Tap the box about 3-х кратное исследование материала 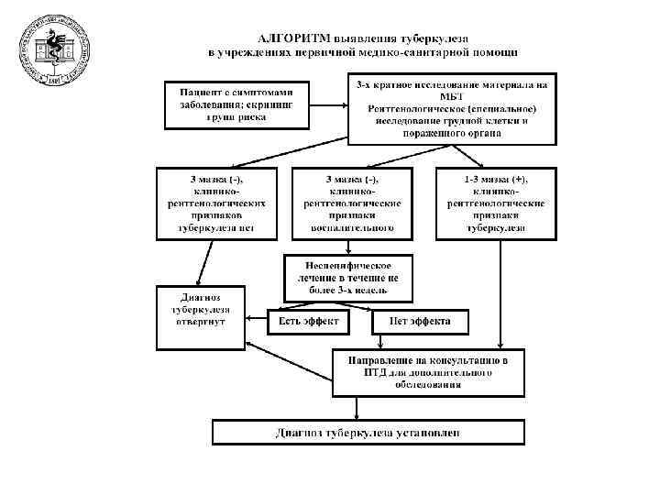(x=454, y=111)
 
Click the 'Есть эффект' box (x=310, y=322)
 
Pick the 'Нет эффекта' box (x=420, y=322)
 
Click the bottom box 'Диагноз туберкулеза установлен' (x=368, y=432)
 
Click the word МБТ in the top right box (x=454, y=99)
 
